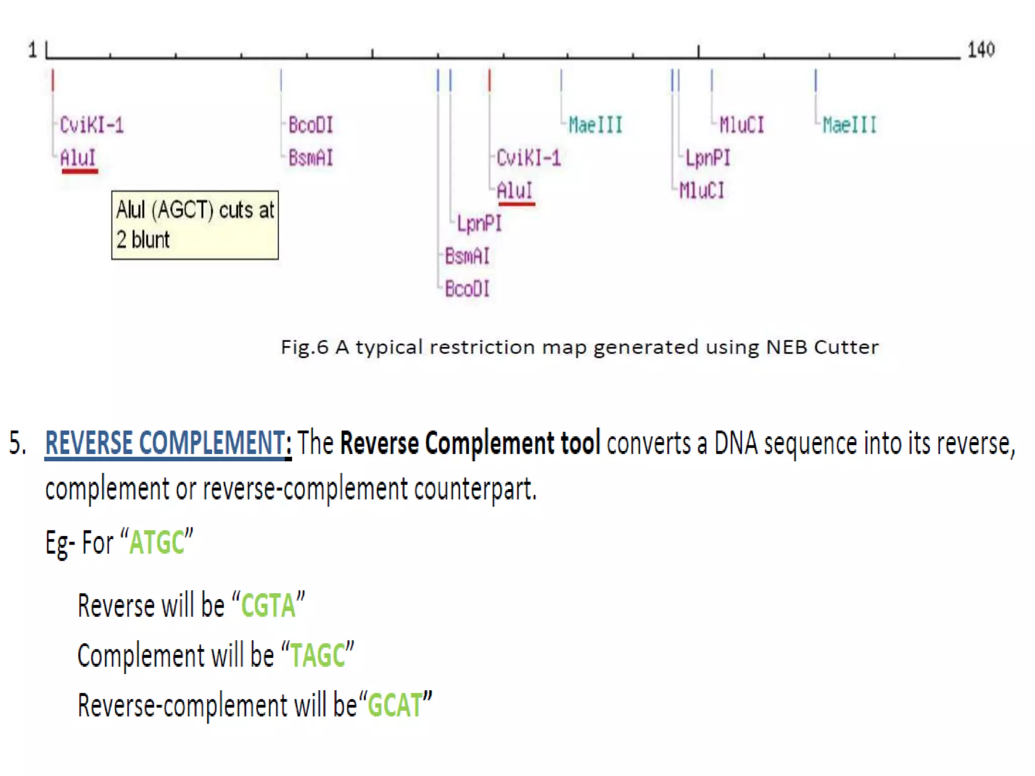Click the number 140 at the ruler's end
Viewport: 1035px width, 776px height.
(980, 50)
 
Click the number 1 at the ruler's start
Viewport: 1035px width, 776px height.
(33, 50)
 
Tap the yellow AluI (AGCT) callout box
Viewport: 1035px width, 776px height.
(195, 225)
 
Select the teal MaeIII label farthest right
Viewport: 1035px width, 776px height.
(850, 125)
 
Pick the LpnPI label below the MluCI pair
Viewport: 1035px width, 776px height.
(708, 158)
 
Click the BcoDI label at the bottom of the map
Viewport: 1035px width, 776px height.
(467, 289)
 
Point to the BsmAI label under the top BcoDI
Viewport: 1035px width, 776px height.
(311, 158)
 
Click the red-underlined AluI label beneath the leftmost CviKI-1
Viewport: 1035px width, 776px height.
(78, 158)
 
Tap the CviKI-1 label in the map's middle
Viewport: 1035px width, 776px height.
(528, 158)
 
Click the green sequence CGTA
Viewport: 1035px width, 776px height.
(268, 606)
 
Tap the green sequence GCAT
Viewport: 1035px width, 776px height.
(395, 706)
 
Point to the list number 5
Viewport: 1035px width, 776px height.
(17, 443)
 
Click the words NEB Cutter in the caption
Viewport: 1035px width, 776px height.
(822, 348)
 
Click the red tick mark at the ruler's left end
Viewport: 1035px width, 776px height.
(53, 80)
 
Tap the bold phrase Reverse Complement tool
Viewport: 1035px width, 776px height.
(470, 443)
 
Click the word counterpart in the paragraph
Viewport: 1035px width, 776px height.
(475, 489)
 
